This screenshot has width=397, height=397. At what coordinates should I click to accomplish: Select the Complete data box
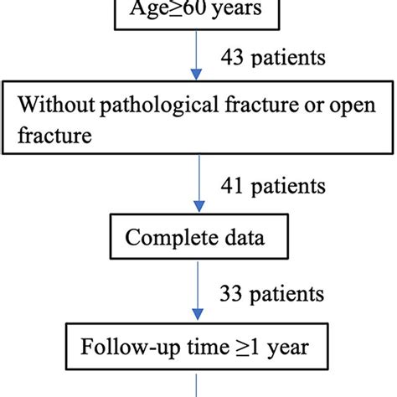193,238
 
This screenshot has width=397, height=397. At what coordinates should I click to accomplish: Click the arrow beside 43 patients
198,59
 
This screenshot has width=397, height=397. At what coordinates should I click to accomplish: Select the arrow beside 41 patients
198,186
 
